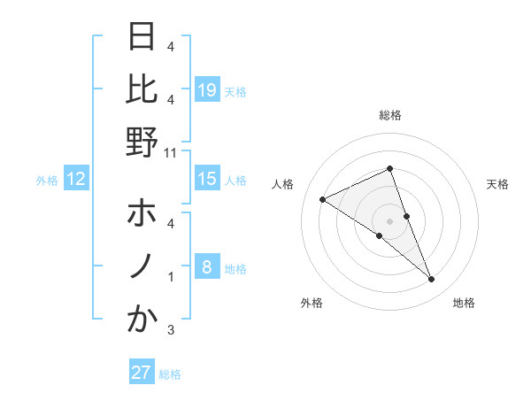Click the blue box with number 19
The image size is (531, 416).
(x=207, y=89)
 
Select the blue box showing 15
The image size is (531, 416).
(x=207, y=179)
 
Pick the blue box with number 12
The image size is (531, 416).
(x=76, y=179)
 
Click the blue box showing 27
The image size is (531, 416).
(x=142, y=373)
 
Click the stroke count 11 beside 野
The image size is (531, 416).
(x=170, y=152)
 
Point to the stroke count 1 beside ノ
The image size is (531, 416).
(x=171, y=277)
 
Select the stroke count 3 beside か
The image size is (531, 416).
(x=171, y=330)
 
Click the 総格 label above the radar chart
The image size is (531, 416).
(x=390, y=115)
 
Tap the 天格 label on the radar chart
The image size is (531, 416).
(x=498, y=184)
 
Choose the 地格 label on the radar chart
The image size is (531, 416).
(x=464, y=304)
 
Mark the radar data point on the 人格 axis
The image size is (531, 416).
(x=322, y=199)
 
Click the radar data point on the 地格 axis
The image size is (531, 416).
(x=432, y=280)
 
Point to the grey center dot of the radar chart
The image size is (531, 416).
(x=390, y=221)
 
